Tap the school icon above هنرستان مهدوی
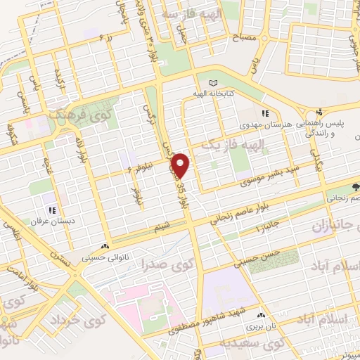[264, 112]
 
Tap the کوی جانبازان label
[330, 224]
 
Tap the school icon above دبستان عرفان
[51, 210]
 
